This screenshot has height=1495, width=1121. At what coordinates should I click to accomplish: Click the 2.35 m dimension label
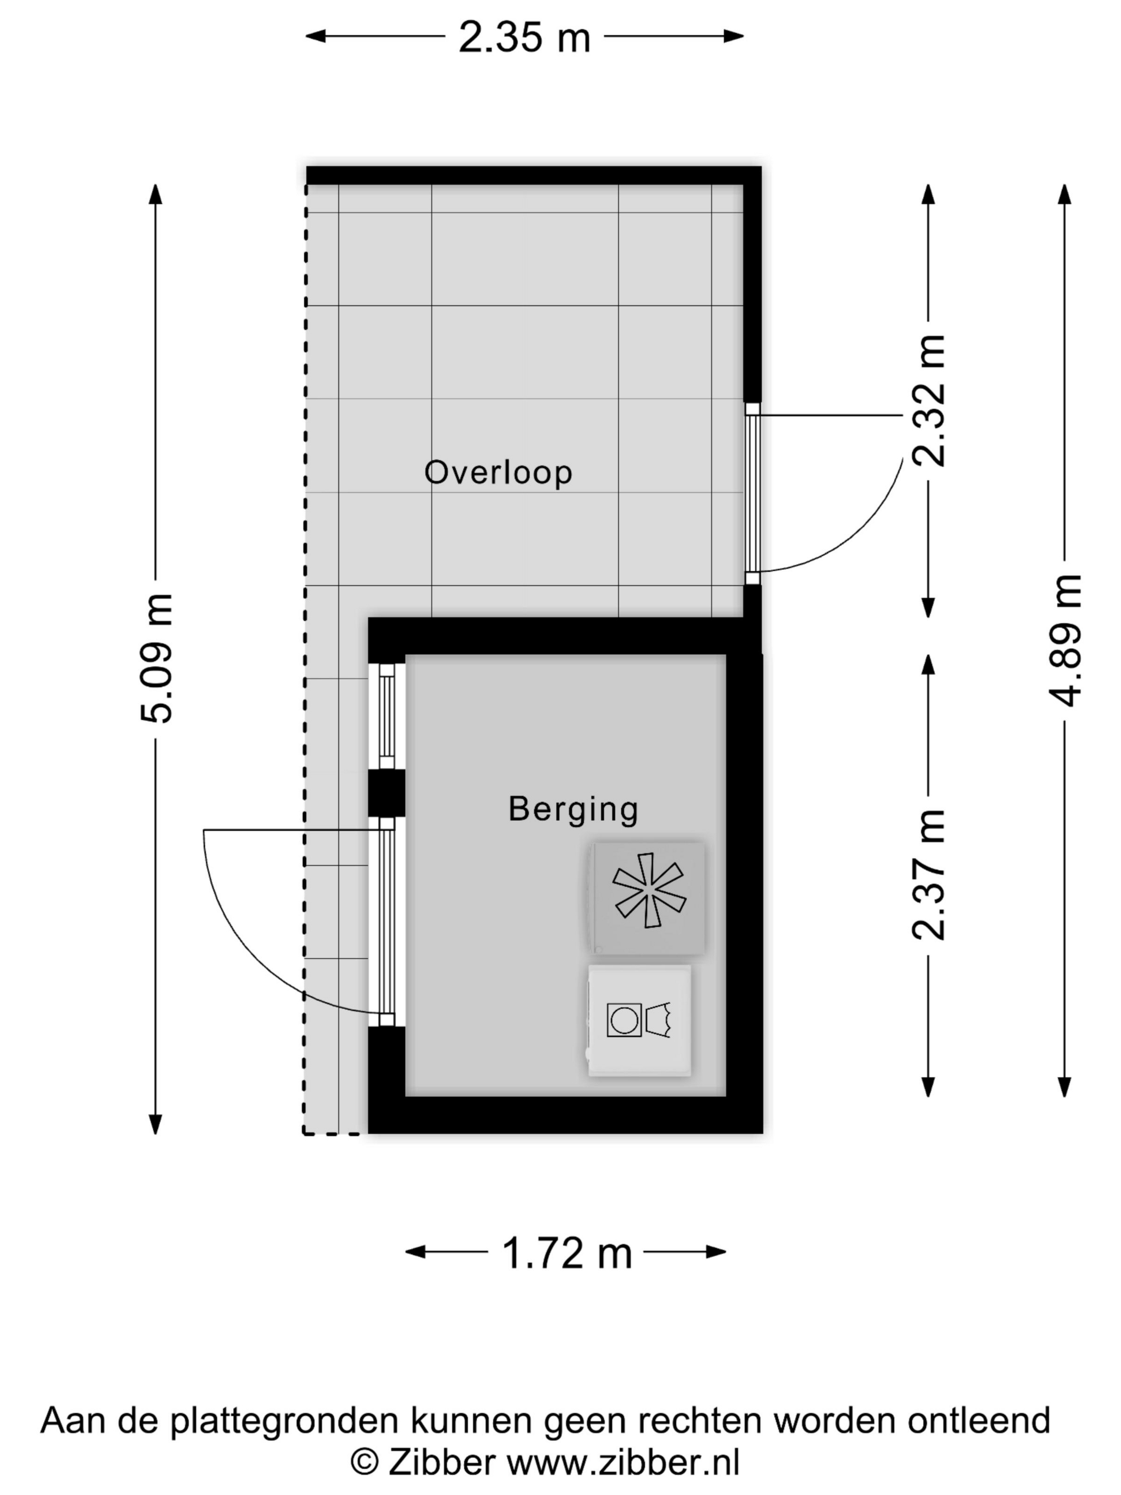coord(524,37)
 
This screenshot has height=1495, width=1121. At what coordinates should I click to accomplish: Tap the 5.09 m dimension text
coord(157,658)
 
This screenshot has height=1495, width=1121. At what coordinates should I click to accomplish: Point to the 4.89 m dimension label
coord(1065,640)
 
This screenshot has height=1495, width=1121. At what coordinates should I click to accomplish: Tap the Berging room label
coord(573,809)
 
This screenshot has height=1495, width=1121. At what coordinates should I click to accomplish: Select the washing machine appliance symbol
coord(639,1020)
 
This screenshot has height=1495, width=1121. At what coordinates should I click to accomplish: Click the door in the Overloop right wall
coord(752,493)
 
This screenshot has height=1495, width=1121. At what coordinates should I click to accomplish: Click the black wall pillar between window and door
coord(386,793)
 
